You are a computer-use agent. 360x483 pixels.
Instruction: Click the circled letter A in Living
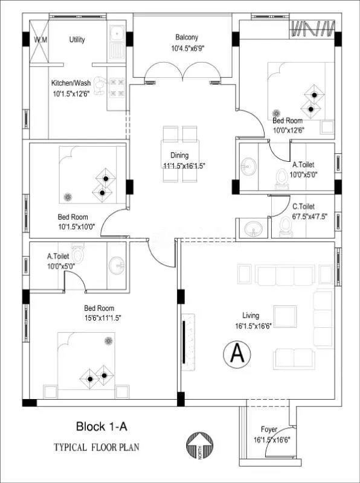(237, 354)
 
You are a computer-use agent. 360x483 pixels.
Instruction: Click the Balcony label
(187, 37)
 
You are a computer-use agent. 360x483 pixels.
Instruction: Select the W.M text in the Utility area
(40, 40)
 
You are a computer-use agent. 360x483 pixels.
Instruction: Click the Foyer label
(269, 429)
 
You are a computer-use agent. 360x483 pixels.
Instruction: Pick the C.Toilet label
(306, 206)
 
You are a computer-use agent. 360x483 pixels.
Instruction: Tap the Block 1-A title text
(101, 427)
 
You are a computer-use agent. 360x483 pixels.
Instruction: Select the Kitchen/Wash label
(71, 84)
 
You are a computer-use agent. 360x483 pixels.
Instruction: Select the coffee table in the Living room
(285, 316)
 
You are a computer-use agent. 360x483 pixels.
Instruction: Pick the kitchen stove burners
(116, 88)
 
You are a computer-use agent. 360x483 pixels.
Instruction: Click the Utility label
(77, 40)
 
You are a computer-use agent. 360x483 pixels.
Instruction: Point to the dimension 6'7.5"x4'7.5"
(309, 216)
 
